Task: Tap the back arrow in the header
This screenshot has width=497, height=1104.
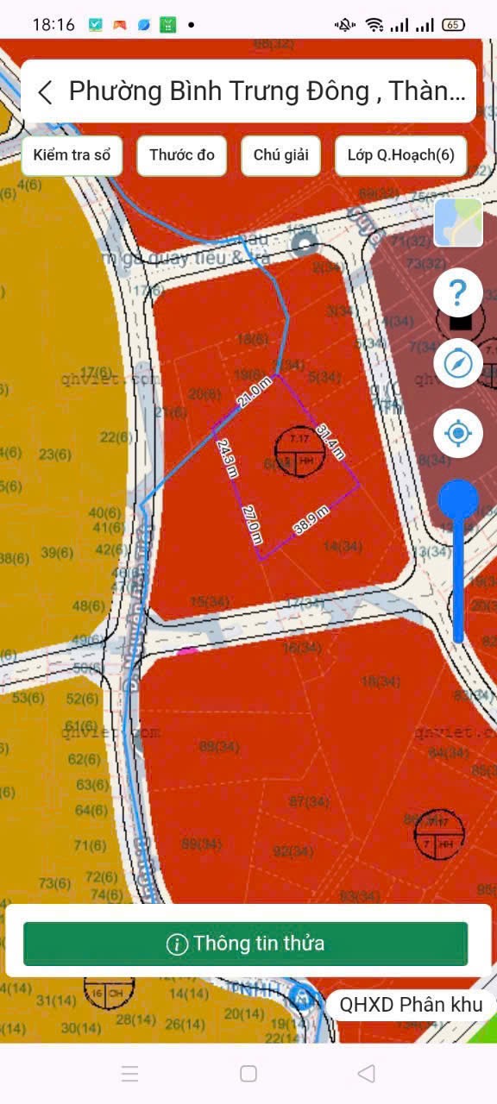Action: [x=46, y=91]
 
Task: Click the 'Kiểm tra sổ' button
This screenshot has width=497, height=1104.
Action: [x=72, y=155]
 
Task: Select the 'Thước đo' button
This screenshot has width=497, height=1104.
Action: [x=182, y=155]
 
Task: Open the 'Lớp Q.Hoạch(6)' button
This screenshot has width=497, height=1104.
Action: [x=400, y=155]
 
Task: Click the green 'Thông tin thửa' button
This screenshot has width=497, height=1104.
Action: [x=246, y=944]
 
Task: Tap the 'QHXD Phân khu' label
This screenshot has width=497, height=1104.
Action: [x=411, y=1004]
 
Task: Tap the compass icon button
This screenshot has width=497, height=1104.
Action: [x=458, y=363]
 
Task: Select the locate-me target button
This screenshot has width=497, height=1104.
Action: [x=458, y=432]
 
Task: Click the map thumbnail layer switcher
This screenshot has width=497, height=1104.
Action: [x=458, y=223]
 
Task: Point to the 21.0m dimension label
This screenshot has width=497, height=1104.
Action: [x=255, y=394]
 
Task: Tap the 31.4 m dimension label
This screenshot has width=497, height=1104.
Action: [x=330, y=441]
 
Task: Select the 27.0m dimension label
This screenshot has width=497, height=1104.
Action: [x=252, y=524]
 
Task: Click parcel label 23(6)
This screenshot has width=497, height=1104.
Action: [x=55, y=455]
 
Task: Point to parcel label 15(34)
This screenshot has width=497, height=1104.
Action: [x=210, y=601]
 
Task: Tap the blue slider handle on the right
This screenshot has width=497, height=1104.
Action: [x=458, y=500]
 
